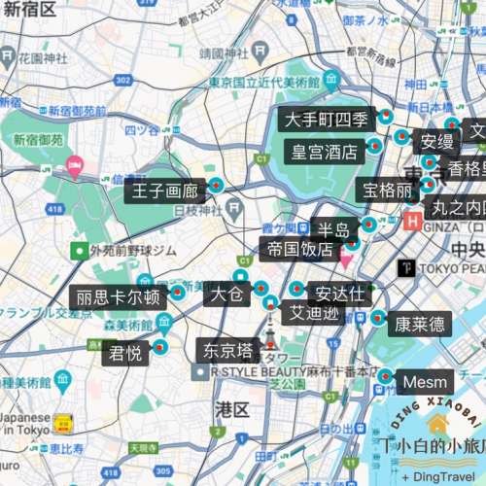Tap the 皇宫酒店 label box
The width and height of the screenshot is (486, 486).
pos(325,151)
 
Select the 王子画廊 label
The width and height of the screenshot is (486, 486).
pos(161,190)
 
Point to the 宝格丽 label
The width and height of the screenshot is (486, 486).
pos(388,191)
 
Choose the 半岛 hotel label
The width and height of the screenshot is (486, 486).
pos(333,229)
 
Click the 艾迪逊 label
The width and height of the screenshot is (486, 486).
pos(312,313)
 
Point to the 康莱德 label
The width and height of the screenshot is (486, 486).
pos(420,324)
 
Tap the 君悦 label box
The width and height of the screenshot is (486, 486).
pos(126,354)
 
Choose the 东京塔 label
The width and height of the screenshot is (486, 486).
pos(228,349)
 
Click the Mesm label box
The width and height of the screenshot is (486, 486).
pos(425,380)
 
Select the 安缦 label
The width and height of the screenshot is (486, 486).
pos(436,142)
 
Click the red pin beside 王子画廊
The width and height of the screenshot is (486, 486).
pos(216,185)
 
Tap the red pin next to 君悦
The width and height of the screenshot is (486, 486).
pos(161,347)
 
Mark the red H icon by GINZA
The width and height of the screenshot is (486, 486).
pos(412,221)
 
